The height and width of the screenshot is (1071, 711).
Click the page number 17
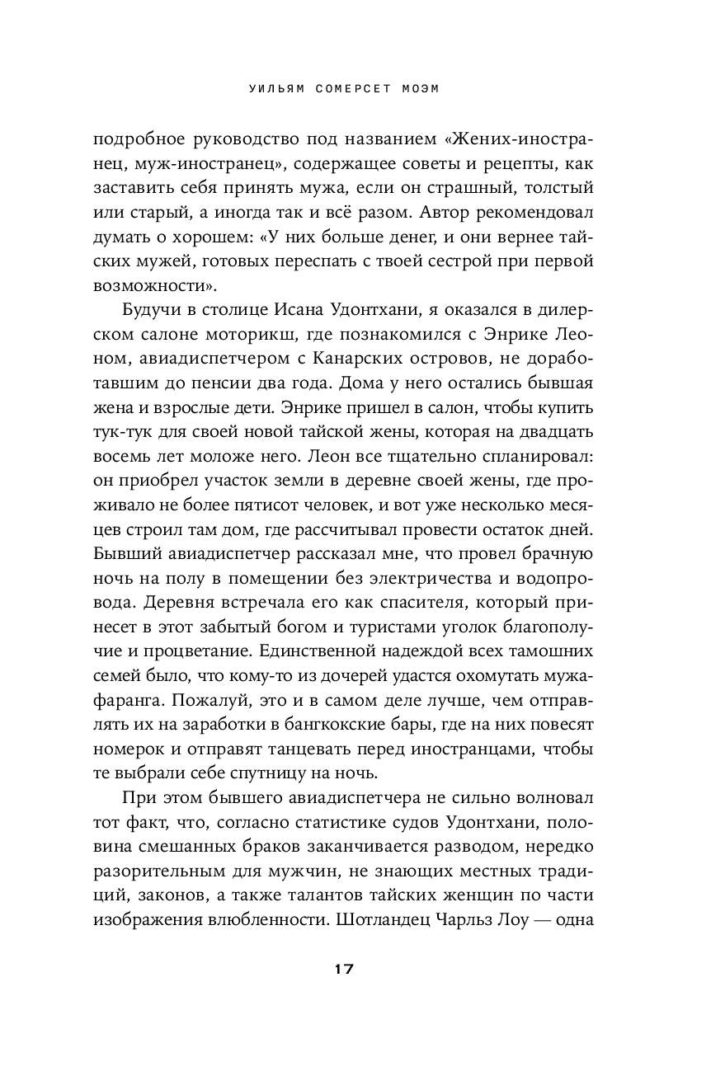pos(343,969)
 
